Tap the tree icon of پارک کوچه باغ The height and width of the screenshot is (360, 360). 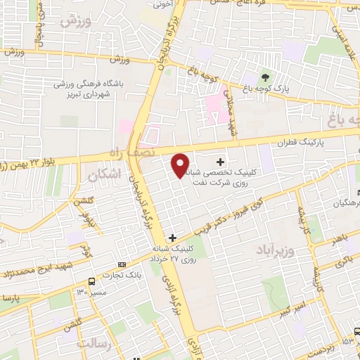tap(265, 77)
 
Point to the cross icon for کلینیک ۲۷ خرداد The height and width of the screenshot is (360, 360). tap(173, 238)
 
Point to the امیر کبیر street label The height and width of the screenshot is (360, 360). tap(290, 309)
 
